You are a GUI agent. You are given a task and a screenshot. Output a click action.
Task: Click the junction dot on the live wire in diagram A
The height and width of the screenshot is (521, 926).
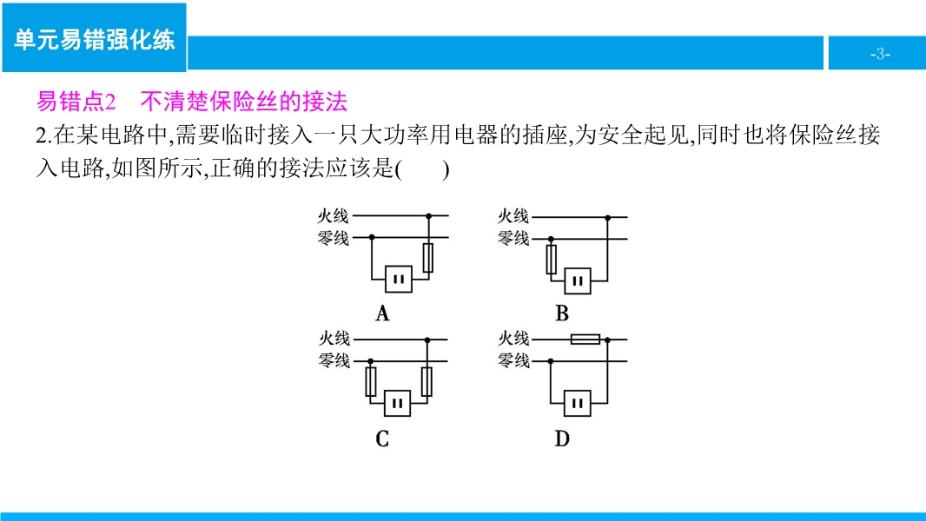(429, 216)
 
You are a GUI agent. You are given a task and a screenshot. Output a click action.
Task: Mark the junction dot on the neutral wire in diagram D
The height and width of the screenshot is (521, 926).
(551, 361)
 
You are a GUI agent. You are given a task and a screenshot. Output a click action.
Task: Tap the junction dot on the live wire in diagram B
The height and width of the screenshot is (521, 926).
(608, 218)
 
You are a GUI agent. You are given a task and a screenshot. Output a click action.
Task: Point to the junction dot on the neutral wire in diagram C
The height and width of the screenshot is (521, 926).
(371, 361)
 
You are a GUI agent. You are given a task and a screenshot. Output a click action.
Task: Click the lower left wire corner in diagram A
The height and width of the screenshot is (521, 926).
(372, 279)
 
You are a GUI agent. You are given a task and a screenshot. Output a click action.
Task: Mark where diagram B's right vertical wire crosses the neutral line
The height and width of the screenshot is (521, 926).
(608, 239)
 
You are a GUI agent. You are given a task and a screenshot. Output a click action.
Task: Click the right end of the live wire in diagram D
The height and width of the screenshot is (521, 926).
(626, 340)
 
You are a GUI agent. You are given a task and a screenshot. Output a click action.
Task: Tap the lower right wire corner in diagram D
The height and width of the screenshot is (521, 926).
(608, 403)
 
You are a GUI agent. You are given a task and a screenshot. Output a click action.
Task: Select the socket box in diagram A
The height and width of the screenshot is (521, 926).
(399, 279)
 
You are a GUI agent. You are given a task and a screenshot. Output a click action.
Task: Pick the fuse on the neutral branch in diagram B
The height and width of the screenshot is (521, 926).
(551, 260)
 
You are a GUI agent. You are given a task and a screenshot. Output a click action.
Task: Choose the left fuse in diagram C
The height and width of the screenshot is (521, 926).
(371, 382)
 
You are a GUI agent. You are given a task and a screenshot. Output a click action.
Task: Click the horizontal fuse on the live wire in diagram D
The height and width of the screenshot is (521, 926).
(585, 340)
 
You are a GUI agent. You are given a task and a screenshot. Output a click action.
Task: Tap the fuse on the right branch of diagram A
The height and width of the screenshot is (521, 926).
(428, 258)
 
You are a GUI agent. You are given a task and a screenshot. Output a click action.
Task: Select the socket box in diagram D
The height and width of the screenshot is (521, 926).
(577, 404)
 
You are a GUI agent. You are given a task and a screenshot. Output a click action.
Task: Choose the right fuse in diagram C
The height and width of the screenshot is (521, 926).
(427, 382)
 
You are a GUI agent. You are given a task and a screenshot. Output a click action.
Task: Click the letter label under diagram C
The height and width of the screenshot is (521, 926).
(382, 439)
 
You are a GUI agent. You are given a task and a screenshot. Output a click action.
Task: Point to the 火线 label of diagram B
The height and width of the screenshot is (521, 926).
(513, 216)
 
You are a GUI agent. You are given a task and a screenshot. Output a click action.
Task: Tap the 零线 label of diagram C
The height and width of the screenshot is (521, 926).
(334, 359)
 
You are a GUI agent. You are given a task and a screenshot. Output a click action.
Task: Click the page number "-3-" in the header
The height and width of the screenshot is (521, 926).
(880, 55)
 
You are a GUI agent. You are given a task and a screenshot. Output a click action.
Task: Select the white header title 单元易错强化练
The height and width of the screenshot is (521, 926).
(95, 40)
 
